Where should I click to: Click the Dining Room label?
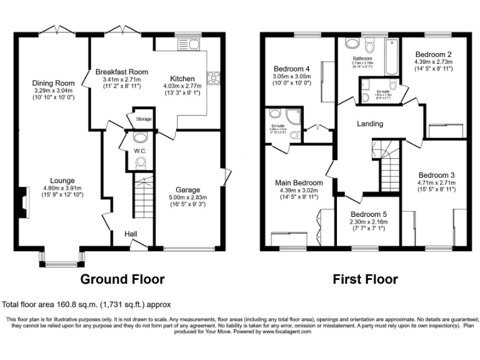click(53, 83)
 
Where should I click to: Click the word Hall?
click(131, 232)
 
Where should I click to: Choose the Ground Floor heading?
click(122, 279)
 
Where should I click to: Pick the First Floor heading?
click(366, 279)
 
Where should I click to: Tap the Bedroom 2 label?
click(433, 54)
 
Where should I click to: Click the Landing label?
click(369, 124)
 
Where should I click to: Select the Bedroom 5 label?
click(368, 214)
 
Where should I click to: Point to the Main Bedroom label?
click(299, 183)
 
